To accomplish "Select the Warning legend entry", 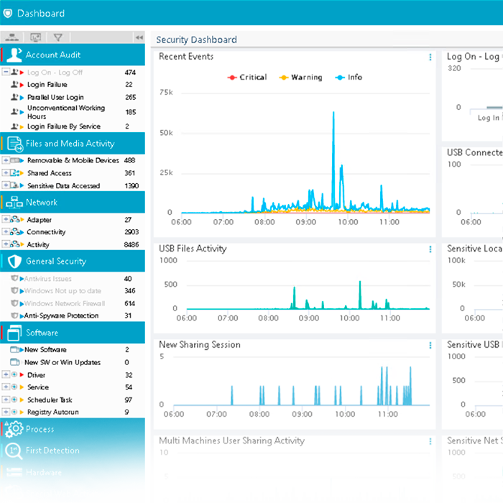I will [x=301, y=77].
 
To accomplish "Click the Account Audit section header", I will [x=53, y=55].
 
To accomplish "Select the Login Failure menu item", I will [x=47, y=85].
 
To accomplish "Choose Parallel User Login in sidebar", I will [x=55, y=97].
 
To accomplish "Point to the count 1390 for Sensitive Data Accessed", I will [x=131, y=185].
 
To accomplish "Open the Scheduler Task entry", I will [x=50, y=400].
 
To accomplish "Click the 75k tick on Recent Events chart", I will [x=166, y=93].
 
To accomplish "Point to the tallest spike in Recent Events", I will [x=333, y=113].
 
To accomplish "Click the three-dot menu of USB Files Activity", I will [x=430, y=249].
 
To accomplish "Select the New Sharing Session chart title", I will [x=200, y=345].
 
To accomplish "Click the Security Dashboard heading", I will [x=196, y=40].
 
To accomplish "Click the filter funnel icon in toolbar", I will [x=58, y=37].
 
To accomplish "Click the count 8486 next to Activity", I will [x=131, y=244].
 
